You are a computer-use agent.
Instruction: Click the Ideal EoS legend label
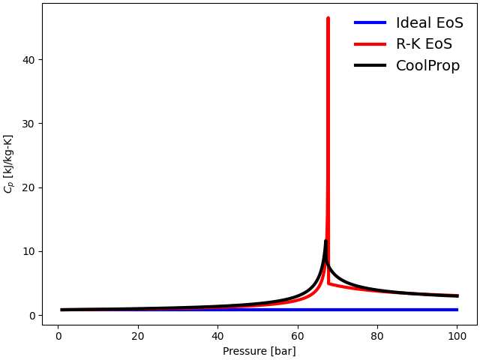429,22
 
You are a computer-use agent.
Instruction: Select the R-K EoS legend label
424,44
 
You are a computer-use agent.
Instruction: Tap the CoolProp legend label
427,65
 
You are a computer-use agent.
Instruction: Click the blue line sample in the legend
370,22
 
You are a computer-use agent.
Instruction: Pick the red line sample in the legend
370,44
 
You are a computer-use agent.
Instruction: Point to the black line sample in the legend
370,65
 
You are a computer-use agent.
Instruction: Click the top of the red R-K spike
328,18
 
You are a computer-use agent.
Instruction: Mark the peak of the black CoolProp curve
325,241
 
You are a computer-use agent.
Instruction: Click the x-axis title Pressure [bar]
259,351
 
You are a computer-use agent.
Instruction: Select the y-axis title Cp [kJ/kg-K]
9,163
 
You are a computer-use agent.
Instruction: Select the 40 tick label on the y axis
28,59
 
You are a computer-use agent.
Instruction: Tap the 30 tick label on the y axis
28,124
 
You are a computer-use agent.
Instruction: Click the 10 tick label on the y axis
28,251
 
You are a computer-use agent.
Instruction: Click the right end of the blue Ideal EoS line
457,310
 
